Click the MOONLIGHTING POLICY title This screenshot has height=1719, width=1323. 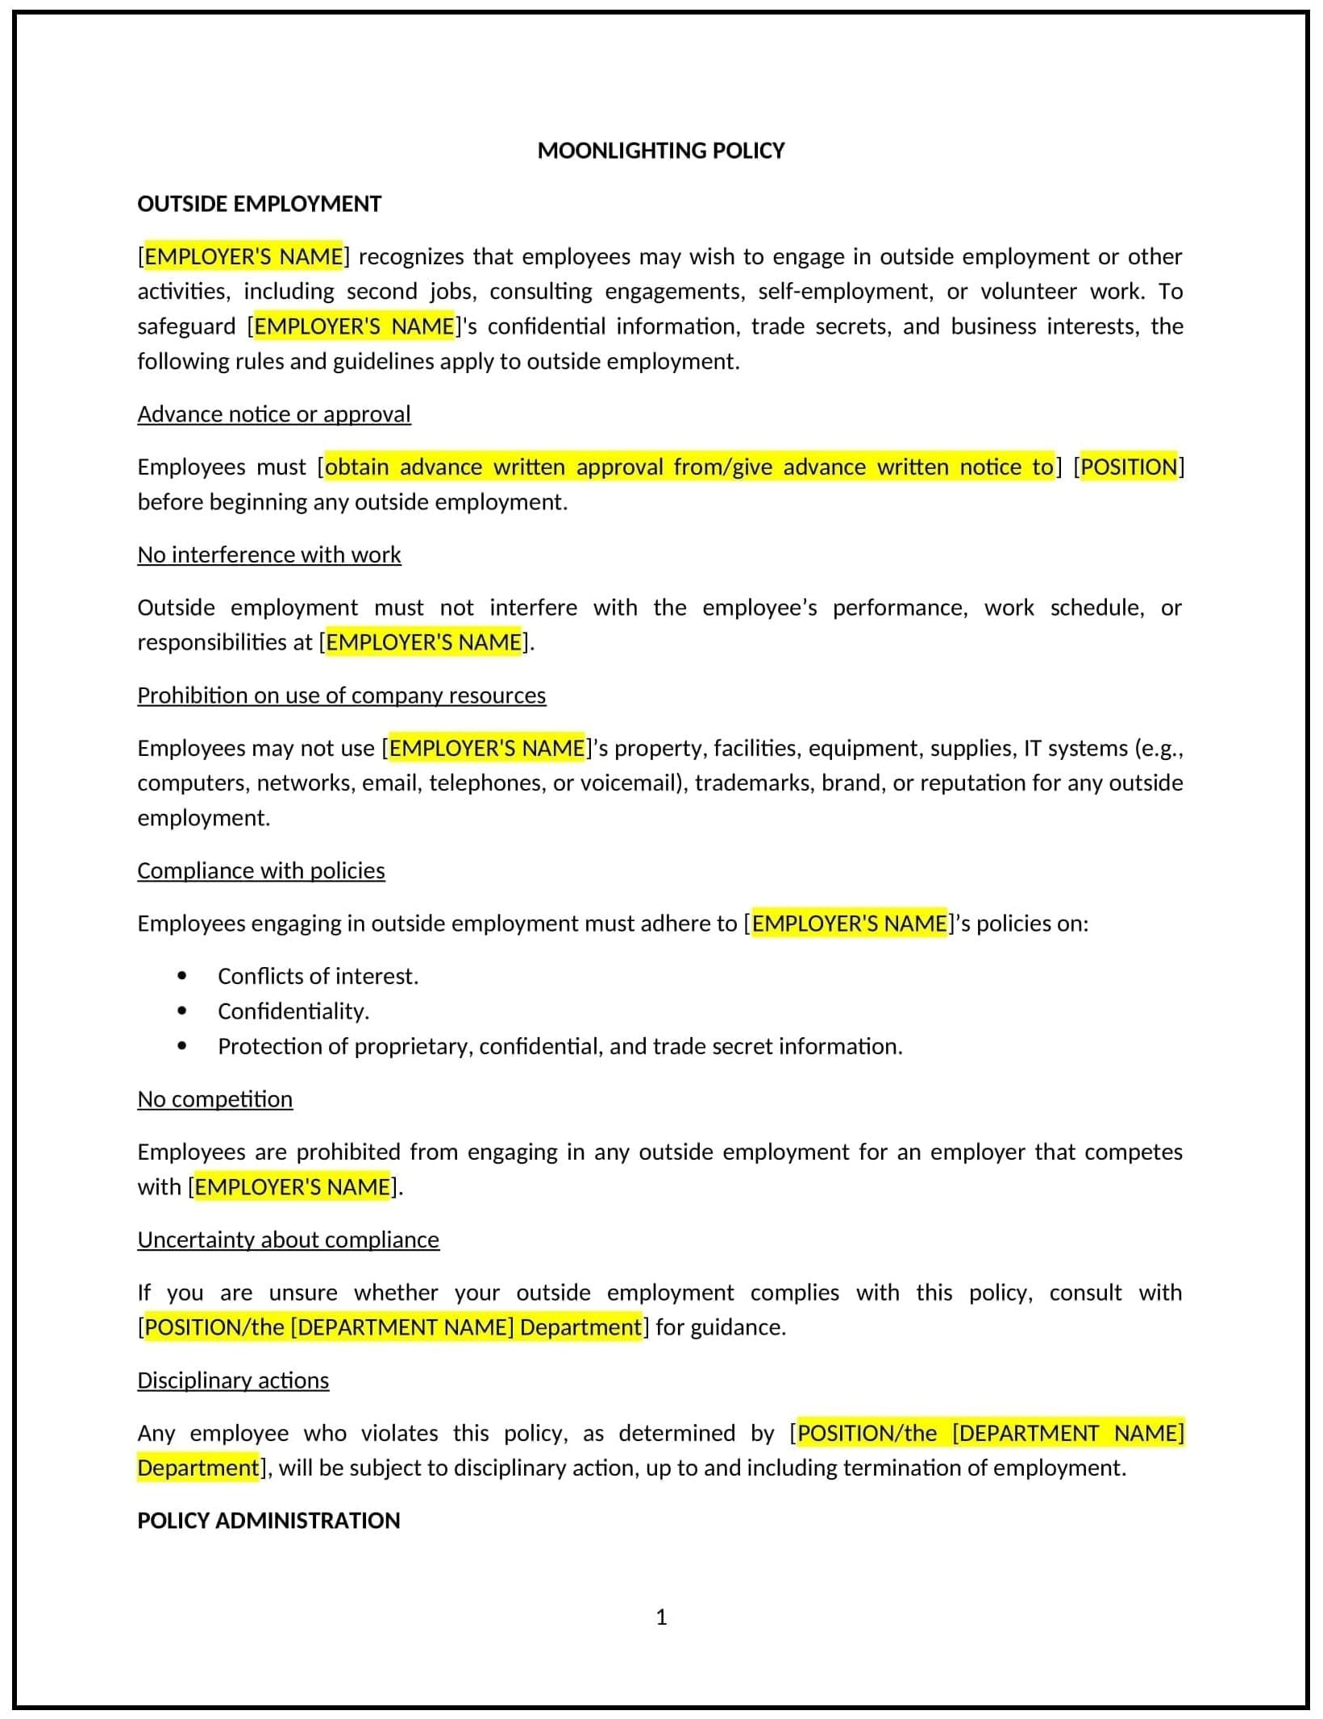660,151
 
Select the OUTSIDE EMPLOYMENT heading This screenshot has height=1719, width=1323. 259,204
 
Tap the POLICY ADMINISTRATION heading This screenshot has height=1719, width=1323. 268,1520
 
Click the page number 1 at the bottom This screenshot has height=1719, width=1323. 661,1617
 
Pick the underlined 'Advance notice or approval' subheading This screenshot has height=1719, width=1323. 274,414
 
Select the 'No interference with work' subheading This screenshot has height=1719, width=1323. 269,554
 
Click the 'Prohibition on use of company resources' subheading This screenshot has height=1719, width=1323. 341,695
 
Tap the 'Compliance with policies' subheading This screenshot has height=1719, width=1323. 261,870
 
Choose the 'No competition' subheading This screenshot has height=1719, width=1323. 215,1099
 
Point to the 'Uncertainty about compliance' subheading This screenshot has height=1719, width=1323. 289,1239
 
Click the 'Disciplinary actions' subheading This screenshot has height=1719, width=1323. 233,1381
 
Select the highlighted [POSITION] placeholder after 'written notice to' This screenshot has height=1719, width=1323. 1129,467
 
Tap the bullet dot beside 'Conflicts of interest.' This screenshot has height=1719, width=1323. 182,976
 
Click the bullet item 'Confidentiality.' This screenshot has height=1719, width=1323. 293,1011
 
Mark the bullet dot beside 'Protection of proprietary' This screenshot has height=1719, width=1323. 182,1046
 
